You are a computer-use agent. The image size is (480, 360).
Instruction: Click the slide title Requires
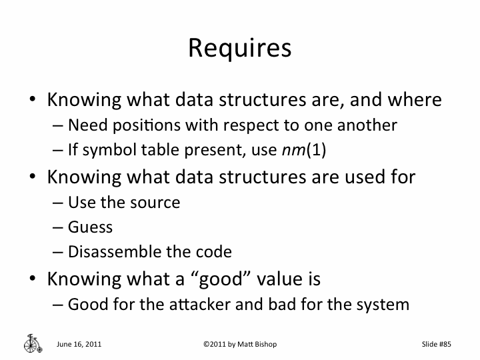point(240,48)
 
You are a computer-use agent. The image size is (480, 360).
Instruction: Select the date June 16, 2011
point(79,344)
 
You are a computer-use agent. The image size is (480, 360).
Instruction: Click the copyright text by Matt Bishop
point(239,344)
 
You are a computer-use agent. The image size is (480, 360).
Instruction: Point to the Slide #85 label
point(437,344)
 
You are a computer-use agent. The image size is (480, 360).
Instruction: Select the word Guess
point(90,227)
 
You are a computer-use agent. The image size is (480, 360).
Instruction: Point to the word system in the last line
point(382,305)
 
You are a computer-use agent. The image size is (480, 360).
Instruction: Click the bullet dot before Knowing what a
point(32,277)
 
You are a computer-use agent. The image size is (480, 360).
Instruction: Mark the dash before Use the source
point(59,202)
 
